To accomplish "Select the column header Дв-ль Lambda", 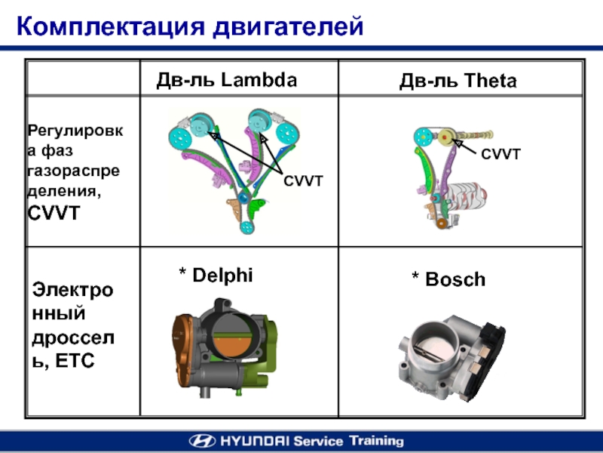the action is tap(226, 80).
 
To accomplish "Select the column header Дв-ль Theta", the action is tap(458, 82).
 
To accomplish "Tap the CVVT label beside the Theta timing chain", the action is tap(501, 154).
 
